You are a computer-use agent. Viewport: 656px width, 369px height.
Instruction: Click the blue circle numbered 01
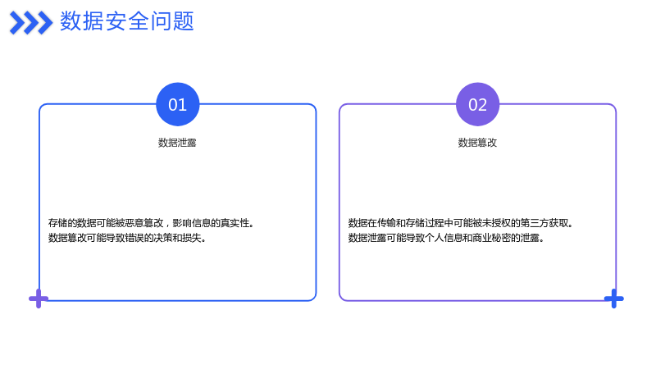[177, 104]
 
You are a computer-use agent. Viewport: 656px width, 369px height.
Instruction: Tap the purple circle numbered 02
[477, 104]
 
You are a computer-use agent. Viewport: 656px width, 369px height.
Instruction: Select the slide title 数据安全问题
[127, 21]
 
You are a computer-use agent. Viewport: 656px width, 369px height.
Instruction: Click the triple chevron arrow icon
[31, 23]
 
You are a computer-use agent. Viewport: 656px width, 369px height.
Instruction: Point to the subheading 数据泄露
[177, 143]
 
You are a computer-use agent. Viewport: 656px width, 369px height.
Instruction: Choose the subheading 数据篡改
[477, 143]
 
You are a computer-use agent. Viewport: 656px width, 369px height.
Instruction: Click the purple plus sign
[39, 298]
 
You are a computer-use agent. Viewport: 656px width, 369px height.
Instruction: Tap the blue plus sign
[613, 298]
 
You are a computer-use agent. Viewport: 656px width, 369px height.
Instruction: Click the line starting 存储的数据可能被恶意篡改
[151, 223]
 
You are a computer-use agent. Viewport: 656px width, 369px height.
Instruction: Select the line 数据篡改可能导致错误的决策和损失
[127, 238]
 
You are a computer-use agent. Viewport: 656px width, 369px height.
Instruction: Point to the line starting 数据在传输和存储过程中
[460, 223]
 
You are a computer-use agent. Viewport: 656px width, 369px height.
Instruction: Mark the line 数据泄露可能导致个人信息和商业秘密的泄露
[446, 238]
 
